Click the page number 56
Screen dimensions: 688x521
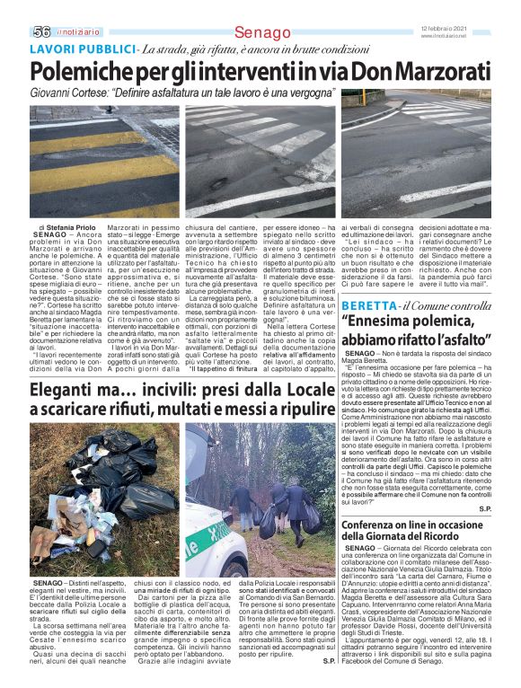click(x=41, y=31)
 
